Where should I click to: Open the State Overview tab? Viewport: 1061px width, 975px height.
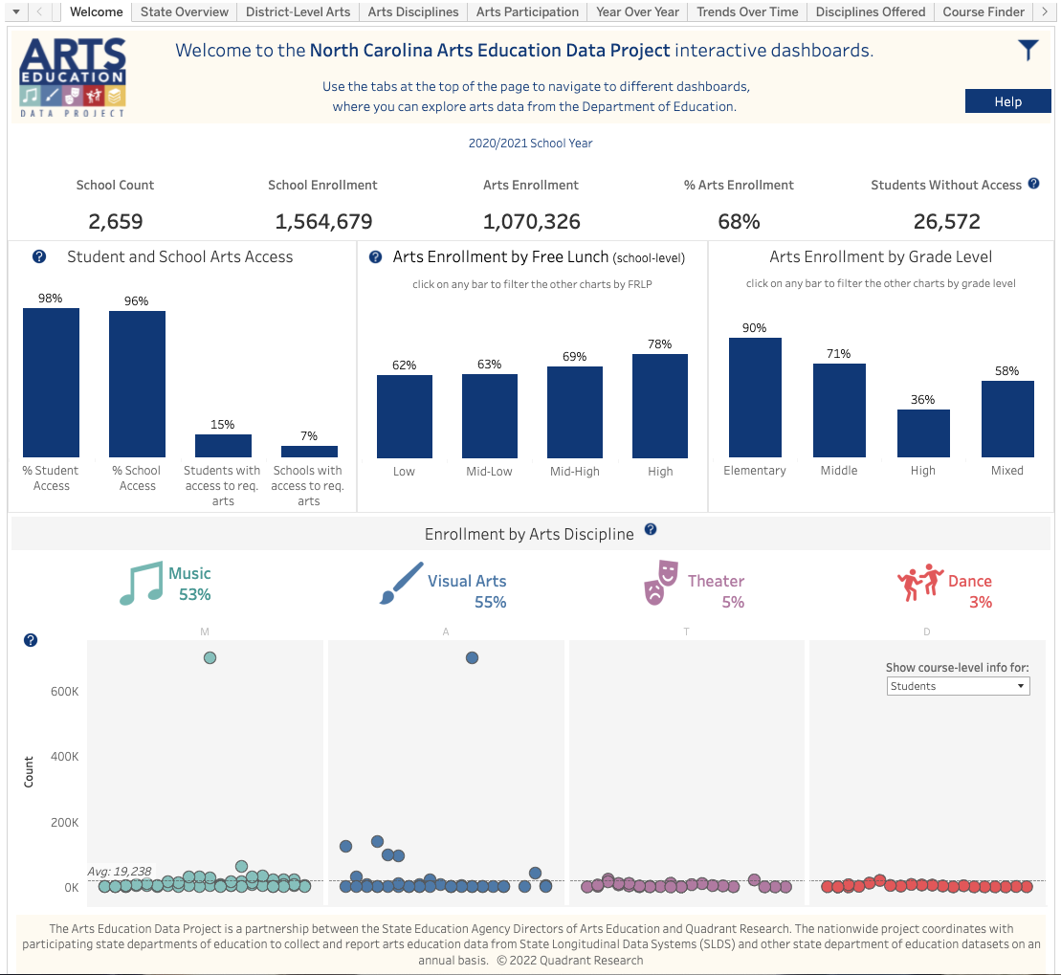(x=185, y=11)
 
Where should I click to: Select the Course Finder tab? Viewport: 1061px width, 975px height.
(x=984, y=11)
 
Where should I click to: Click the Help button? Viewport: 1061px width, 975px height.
(x=1007, y=101)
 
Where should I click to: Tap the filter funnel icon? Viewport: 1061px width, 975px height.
(x=1028, y=51)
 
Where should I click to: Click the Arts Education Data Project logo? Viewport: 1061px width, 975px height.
(x=73, y=77)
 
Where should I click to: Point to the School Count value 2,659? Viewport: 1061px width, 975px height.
(x=116, y=222)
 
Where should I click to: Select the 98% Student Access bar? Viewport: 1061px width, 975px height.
(x=52, y=383)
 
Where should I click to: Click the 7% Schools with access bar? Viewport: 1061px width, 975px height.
(x=309, y=452)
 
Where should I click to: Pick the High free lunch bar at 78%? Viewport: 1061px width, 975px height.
(x=660, y=406)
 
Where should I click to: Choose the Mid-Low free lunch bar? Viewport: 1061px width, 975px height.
(x=490, y=415)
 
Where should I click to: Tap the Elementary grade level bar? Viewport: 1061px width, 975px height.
(x=755, y=397)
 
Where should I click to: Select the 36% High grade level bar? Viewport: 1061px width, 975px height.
(x=923, y=433)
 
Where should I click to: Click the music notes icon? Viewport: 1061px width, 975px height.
(x=141, y=584)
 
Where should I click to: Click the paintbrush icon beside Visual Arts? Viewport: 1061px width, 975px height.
(x=401, y=583)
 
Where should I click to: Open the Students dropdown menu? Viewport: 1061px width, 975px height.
(x=957, y=686)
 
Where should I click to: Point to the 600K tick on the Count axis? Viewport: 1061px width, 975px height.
(x=64, y=692)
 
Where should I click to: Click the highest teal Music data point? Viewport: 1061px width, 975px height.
(x=210, y=657)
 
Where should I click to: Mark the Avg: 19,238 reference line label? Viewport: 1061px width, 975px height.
(x=120, y=872)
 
